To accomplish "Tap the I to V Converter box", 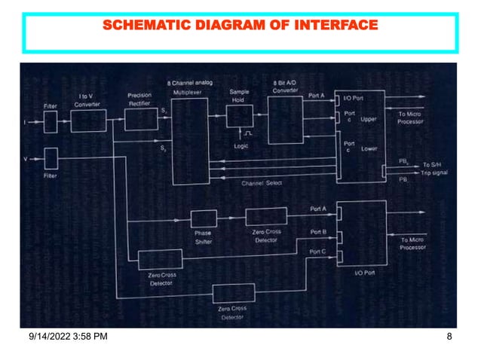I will click(89, 121).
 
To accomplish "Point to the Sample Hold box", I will click(239, 116).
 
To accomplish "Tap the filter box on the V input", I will click(51, 159).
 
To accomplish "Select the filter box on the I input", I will click(51, 121).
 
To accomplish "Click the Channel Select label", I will click(262, 183).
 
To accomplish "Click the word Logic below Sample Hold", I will click(240, 147).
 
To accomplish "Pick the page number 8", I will click(449, 346).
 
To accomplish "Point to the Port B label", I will click(318, 232).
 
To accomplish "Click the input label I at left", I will click(26, 121).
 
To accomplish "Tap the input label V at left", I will click(26, 159).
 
